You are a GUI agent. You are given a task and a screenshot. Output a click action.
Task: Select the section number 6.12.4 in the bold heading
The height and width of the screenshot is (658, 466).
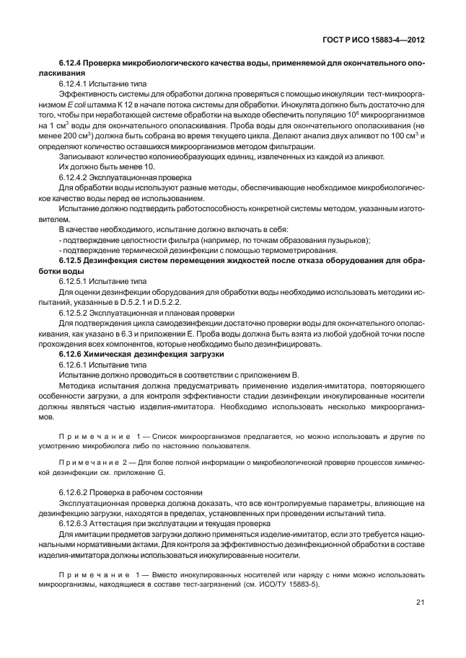[71, 64]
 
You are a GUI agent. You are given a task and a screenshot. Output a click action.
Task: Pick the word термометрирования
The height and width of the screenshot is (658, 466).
[248, 249]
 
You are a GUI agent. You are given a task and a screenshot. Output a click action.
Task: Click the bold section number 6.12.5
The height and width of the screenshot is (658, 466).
[71, 259]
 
